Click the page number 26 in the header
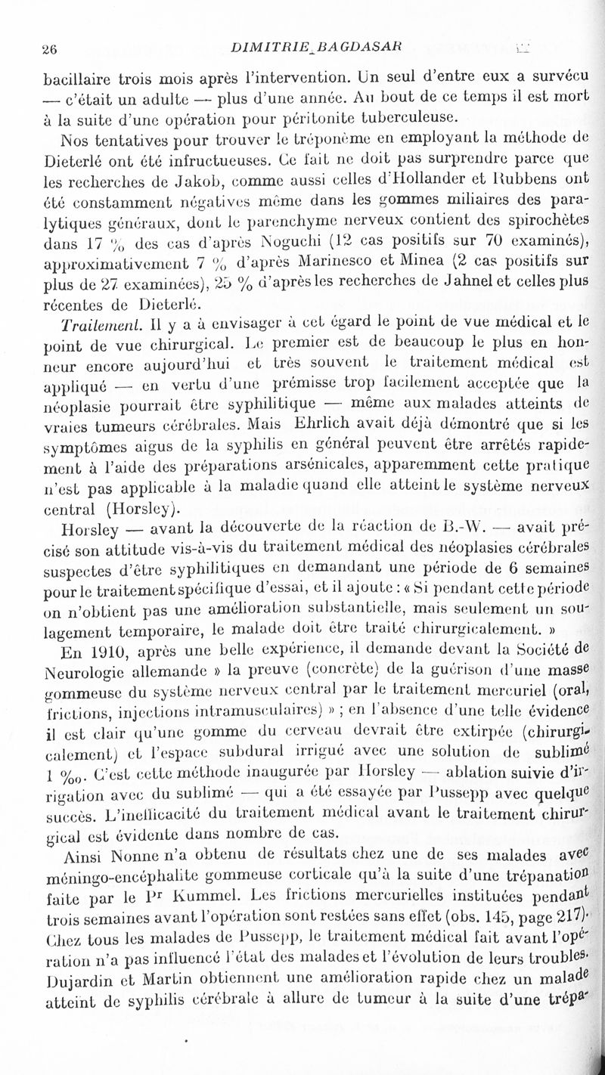(51, 51)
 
